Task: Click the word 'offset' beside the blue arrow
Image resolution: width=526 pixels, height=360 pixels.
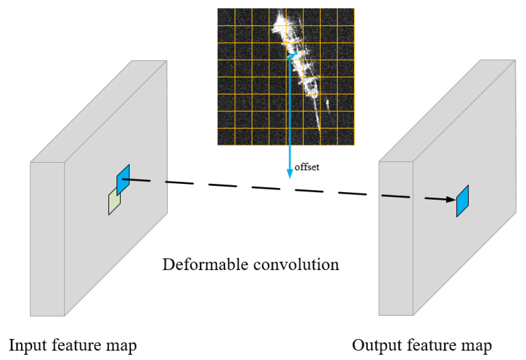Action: click(307, 168)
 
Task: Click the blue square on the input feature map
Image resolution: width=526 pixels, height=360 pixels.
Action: click(123, 180)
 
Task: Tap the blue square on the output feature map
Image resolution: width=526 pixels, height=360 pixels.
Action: click(462, 201)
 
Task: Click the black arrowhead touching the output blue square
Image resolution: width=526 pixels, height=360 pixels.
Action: click(451, 199)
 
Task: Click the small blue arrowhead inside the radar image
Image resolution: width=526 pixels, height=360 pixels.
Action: click(294, 54)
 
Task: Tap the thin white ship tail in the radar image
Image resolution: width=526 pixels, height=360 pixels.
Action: click(318, 120)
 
